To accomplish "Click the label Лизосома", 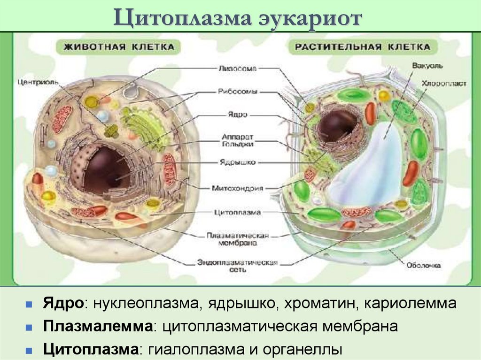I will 237,68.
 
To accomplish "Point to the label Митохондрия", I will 237,188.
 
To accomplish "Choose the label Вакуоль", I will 424,65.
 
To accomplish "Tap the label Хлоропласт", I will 444,84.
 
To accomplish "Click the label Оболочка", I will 424,266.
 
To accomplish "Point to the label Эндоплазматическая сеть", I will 238,266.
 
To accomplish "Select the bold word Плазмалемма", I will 99,326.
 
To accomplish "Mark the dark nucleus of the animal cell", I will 100,169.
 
